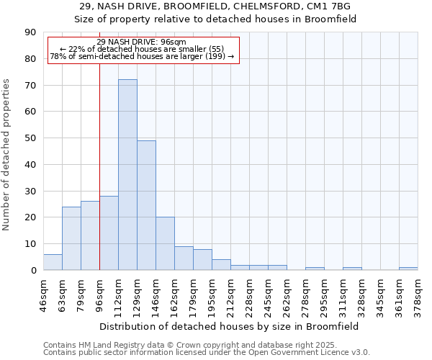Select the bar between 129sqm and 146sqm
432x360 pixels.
click(146, 205)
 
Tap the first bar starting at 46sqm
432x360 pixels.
click(53, 262)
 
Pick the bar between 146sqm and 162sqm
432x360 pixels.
click(165, 243)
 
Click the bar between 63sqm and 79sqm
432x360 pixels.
click(71, 238)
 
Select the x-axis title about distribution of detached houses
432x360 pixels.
click(230, 326)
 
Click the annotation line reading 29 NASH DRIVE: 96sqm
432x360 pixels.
click(141, 42)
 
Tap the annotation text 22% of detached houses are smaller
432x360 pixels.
click(141, 49)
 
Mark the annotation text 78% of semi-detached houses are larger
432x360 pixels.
click(141, 56)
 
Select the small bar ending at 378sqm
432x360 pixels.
click(408, 269)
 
